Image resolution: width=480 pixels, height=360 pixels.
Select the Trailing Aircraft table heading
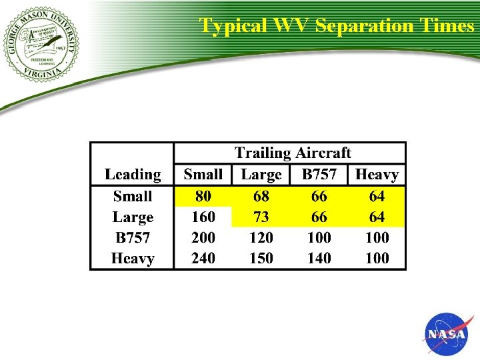pyautogui.click(x=292, y=153)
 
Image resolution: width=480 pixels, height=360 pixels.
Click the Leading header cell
pyautogui.click(x=133, y=175)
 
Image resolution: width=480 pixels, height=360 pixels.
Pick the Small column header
pyautogui.click(x=203, y=175)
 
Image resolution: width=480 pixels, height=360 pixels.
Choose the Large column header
pyautogui.click(x=261, y=175)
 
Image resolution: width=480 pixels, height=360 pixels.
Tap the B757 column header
pyautogui.click(x=319, y=175)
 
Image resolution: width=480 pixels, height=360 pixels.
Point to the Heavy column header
pyautogui.click(x=377, y=175)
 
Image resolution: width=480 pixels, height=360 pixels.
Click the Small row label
pyautogui.click(x=133, y=196)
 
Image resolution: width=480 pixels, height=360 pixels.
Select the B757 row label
pyautogui.click(x=133, y=237)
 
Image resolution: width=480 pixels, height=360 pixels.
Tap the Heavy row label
pyautogui.click(x=133, y=258)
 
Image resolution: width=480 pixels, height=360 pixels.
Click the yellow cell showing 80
pyautogui.click(x=203, y=196)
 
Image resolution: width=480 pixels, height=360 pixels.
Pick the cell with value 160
pyautogui.click(x=203, y=217)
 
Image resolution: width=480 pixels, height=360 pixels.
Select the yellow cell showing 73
pyautogui.click(x=261, y=217)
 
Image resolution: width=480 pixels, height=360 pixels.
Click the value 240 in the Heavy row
pyautogui.click(x=203, y=258)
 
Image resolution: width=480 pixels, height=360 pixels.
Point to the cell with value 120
pyautogui.click(x=261, y=237)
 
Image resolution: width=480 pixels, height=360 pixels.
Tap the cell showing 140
pyautogui.click(x=319, y=258)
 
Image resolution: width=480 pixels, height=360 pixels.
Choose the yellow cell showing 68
pyautogui.click(x=261, y=196)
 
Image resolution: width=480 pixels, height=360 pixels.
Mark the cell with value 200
pyautogui.click(x=203, y=237)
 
